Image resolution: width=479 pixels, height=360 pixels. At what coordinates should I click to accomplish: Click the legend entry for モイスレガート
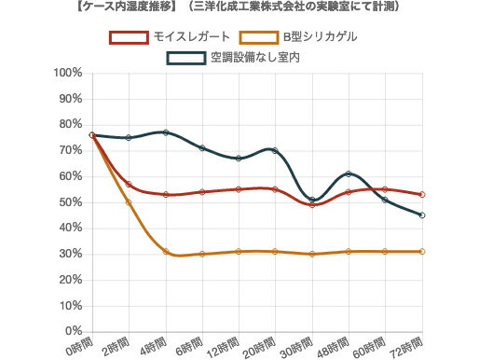tap(176, 38)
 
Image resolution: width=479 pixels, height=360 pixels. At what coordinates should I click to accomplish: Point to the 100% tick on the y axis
tap(69, 73)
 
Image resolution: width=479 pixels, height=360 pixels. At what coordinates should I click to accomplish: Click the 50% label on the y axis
tap(72, 202)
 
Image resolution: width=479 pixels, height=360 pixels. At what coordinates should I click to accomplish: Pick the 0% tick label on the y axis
tap(75, 331)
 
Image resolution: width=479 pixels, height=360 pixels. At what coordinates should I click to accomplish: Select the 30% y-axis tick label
tap(72, 254)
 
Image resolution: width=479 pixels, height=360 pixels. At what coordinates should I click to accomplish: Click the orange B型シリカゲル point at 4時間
tap(166, 251)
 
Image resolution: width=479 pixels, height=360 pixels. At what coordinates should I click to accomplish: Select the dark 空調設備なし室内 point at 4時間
tap(166, 132)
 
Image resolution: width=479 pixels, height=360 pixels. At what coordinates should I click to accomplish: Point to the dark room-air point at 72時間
tap(422, 215)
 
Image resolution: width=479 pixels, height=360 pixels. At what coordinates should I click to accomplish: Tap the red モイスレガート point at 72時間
tap(422, 195)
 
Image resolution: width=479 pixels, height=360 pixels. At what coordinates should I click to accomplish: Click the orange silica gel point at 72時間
tap(422, 252)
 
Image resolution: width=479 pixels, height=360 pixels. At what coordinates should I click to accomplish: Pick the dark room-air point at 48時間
tap(349, 174)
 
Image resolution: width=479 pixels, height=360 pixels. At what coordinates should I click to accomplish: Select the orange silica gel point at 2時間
tap(129, 202)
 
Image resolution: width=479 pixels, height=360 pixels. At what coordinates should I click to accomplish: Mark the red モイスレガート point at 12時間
tap(239, 189)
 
